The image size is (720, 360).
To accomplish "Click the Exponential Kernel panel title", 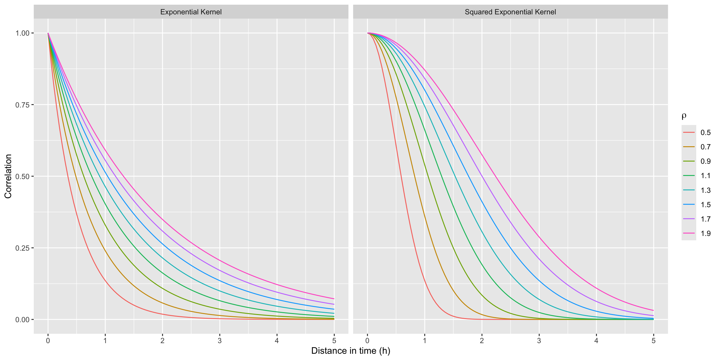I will coord(191,12).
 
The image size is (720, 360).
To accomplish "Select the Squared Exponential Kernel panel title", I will coord(510,12).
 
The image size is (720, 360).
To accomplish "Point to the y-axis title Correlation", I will coord(8,176).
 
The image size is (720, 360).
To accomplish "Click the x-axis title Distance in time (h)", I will coord(351,351).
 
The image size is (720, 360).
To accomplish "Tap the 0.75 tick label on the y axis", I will coord(22,105).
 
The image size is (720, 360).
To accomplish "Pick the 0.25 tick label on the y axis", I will coord(22,248).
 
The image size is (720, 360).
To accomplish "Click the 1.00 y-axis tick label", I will coord(22,33).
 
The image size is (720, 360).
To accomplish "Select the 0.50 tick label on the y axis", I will coord(22,176).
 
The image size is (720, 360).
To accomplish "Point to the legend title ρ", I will coord(684,116).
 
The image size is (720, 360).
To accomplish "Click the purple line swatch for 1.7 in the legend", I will coord(689,219).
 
